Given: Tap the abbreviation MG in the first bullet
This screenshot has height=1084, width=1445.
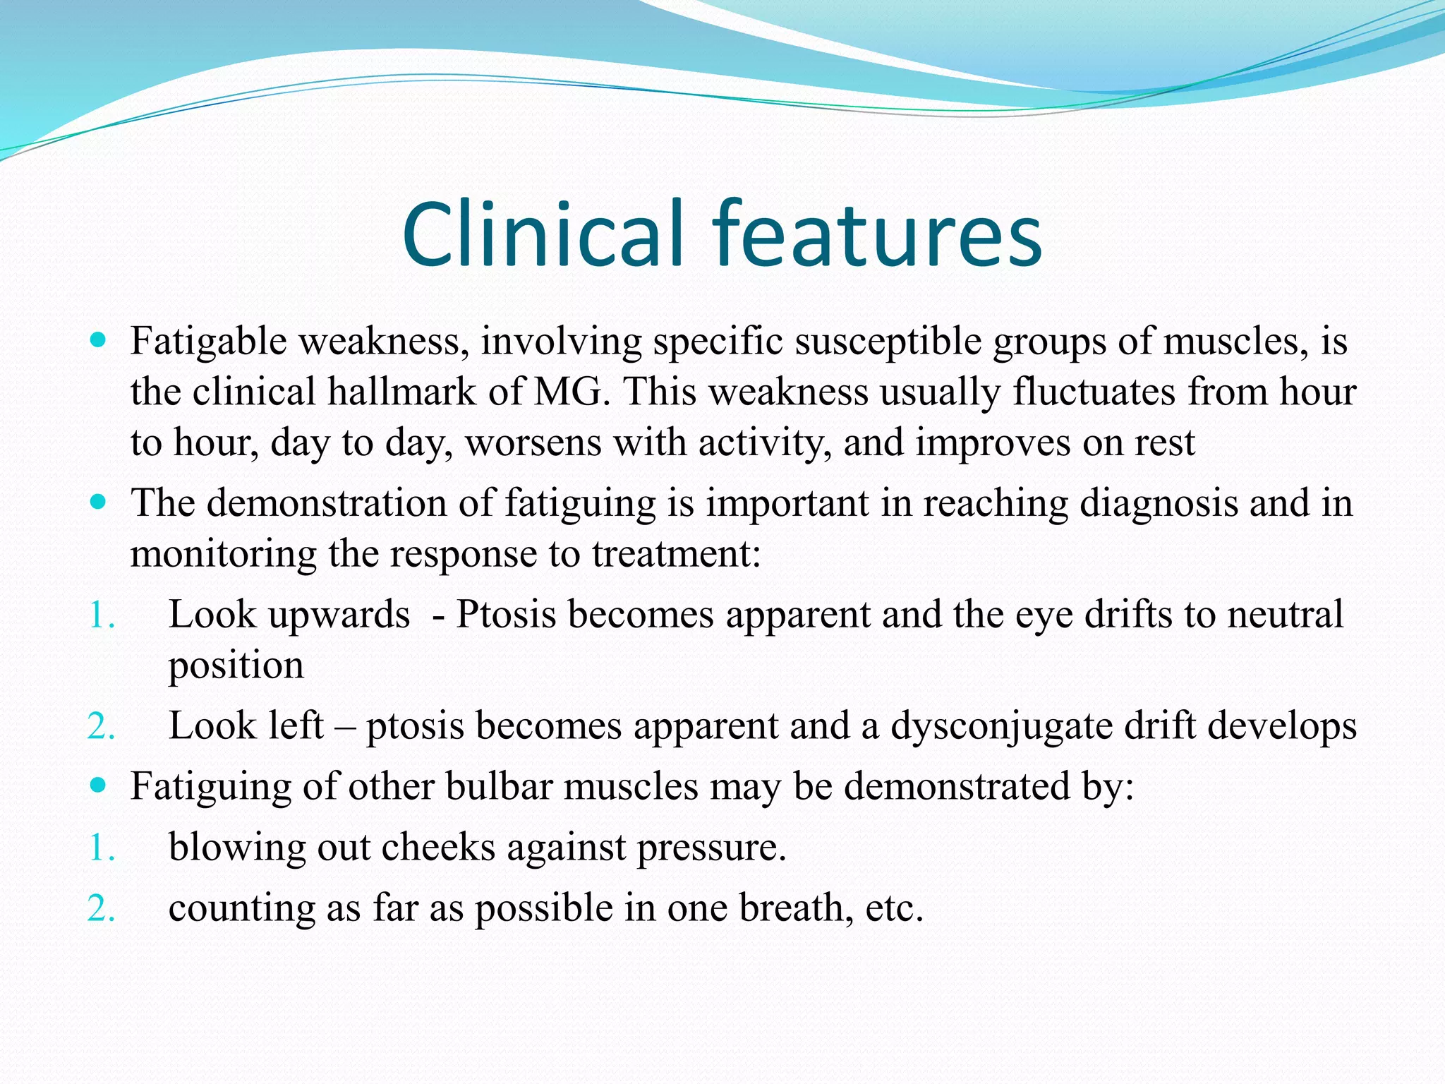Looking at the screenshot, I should pos(570,392).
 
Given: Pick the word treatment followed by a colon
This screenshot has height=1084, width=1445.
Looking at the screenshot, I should pos(676,554).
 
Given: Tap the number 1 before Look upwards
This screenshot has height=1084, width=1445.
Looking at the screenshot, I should pos(99,615).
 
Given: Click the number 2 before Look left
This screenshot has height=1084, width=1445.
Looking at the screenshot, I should pos(99,727).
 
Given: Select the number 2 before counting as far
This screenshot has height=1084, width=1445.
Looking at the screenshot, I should pos(99,909).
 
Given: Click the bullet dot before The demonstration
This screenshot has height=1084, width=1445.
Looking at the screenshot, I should pos(99,502).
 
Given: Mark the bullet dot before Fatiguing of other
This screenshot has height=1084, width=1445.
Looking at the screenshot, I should pos(99,785).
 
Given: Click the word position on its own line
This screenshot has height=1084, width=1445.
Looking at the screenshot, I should pos(236,665).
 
